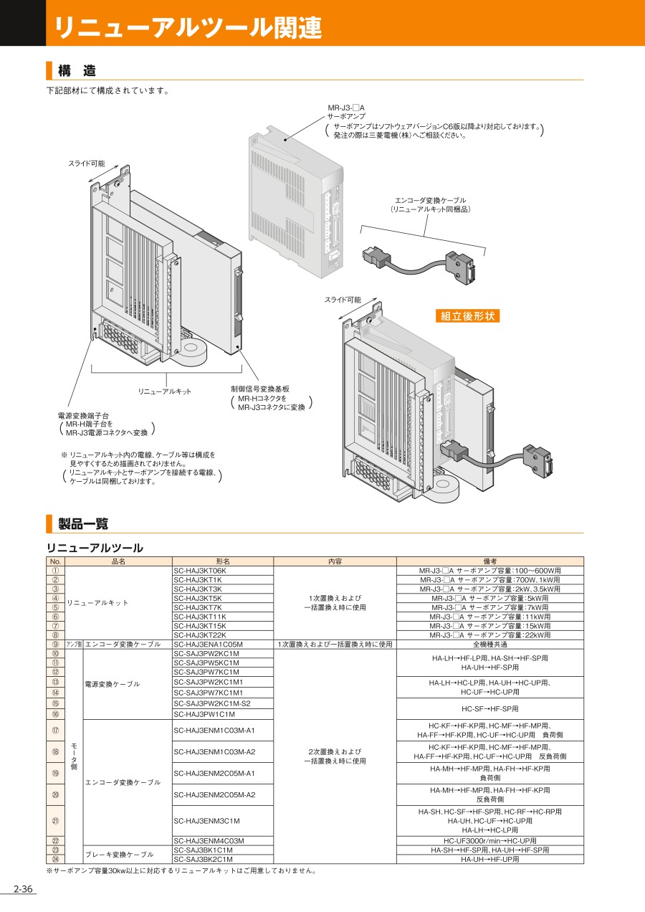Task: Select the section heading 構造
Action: [77, 70]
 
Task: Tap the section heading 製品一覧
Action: [83, 523]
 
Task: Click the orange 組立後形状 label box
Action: [467, 315]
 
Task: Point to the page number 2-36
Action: [23, 890]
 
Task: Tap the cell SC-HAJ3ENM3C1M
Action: [206, 820]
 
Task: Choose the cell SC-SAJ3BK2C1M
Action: [203, 859]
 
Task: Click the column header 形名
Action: [223, 561]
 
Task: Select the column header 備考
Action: [490, 561]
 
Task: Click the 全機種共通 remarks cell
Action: [490, 644]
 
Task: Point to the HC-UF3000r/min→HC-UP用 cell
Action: [490, 840]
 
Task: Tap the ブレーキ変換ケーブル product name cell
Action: [120, 855]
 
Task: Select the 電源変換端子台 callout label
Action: [83, 415]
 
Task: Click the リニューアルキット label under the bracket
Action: [165, 391]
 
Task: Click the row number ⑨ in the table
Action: [55, 644]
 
